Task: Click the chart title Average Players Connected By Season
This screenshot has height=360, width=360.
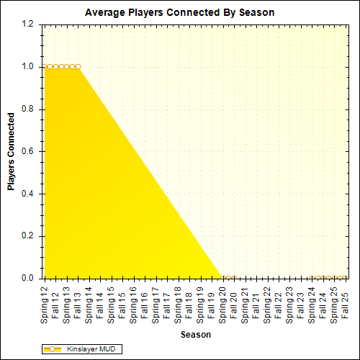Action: click(x=179, y=12)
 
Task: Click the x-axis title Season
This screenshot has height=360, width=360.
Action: click(x=195, y=334)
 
